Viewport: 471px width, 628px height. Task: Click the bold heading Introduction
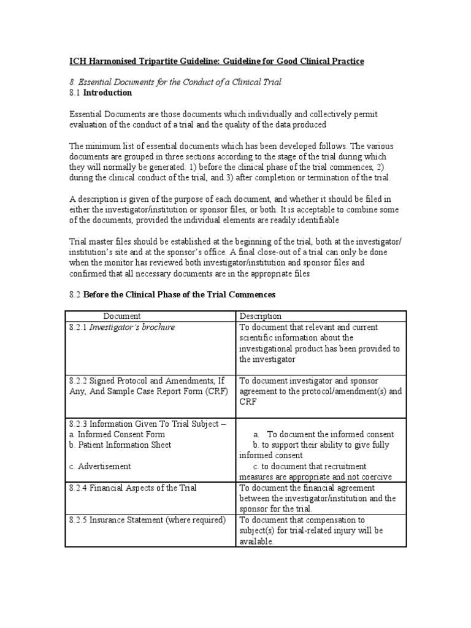(x=107, y=93)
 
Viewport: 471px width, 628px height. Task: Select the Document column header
(x=121, y=316)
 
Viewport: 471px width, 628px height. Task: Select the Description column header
(x=261, y=316)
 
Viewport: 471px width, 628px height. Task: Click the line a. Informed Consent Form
(x=108, y=434)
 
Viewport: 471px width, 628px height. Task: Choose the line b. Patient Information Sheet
(x=120, y=445)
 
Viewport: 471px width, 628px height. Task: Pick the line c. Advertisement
(x=100, y=466)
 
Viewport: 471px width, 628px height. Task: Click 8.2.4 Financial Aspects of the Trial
(x=132, y=488)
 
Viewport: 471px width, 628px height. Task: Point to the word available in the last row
(x=255, y=542)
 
